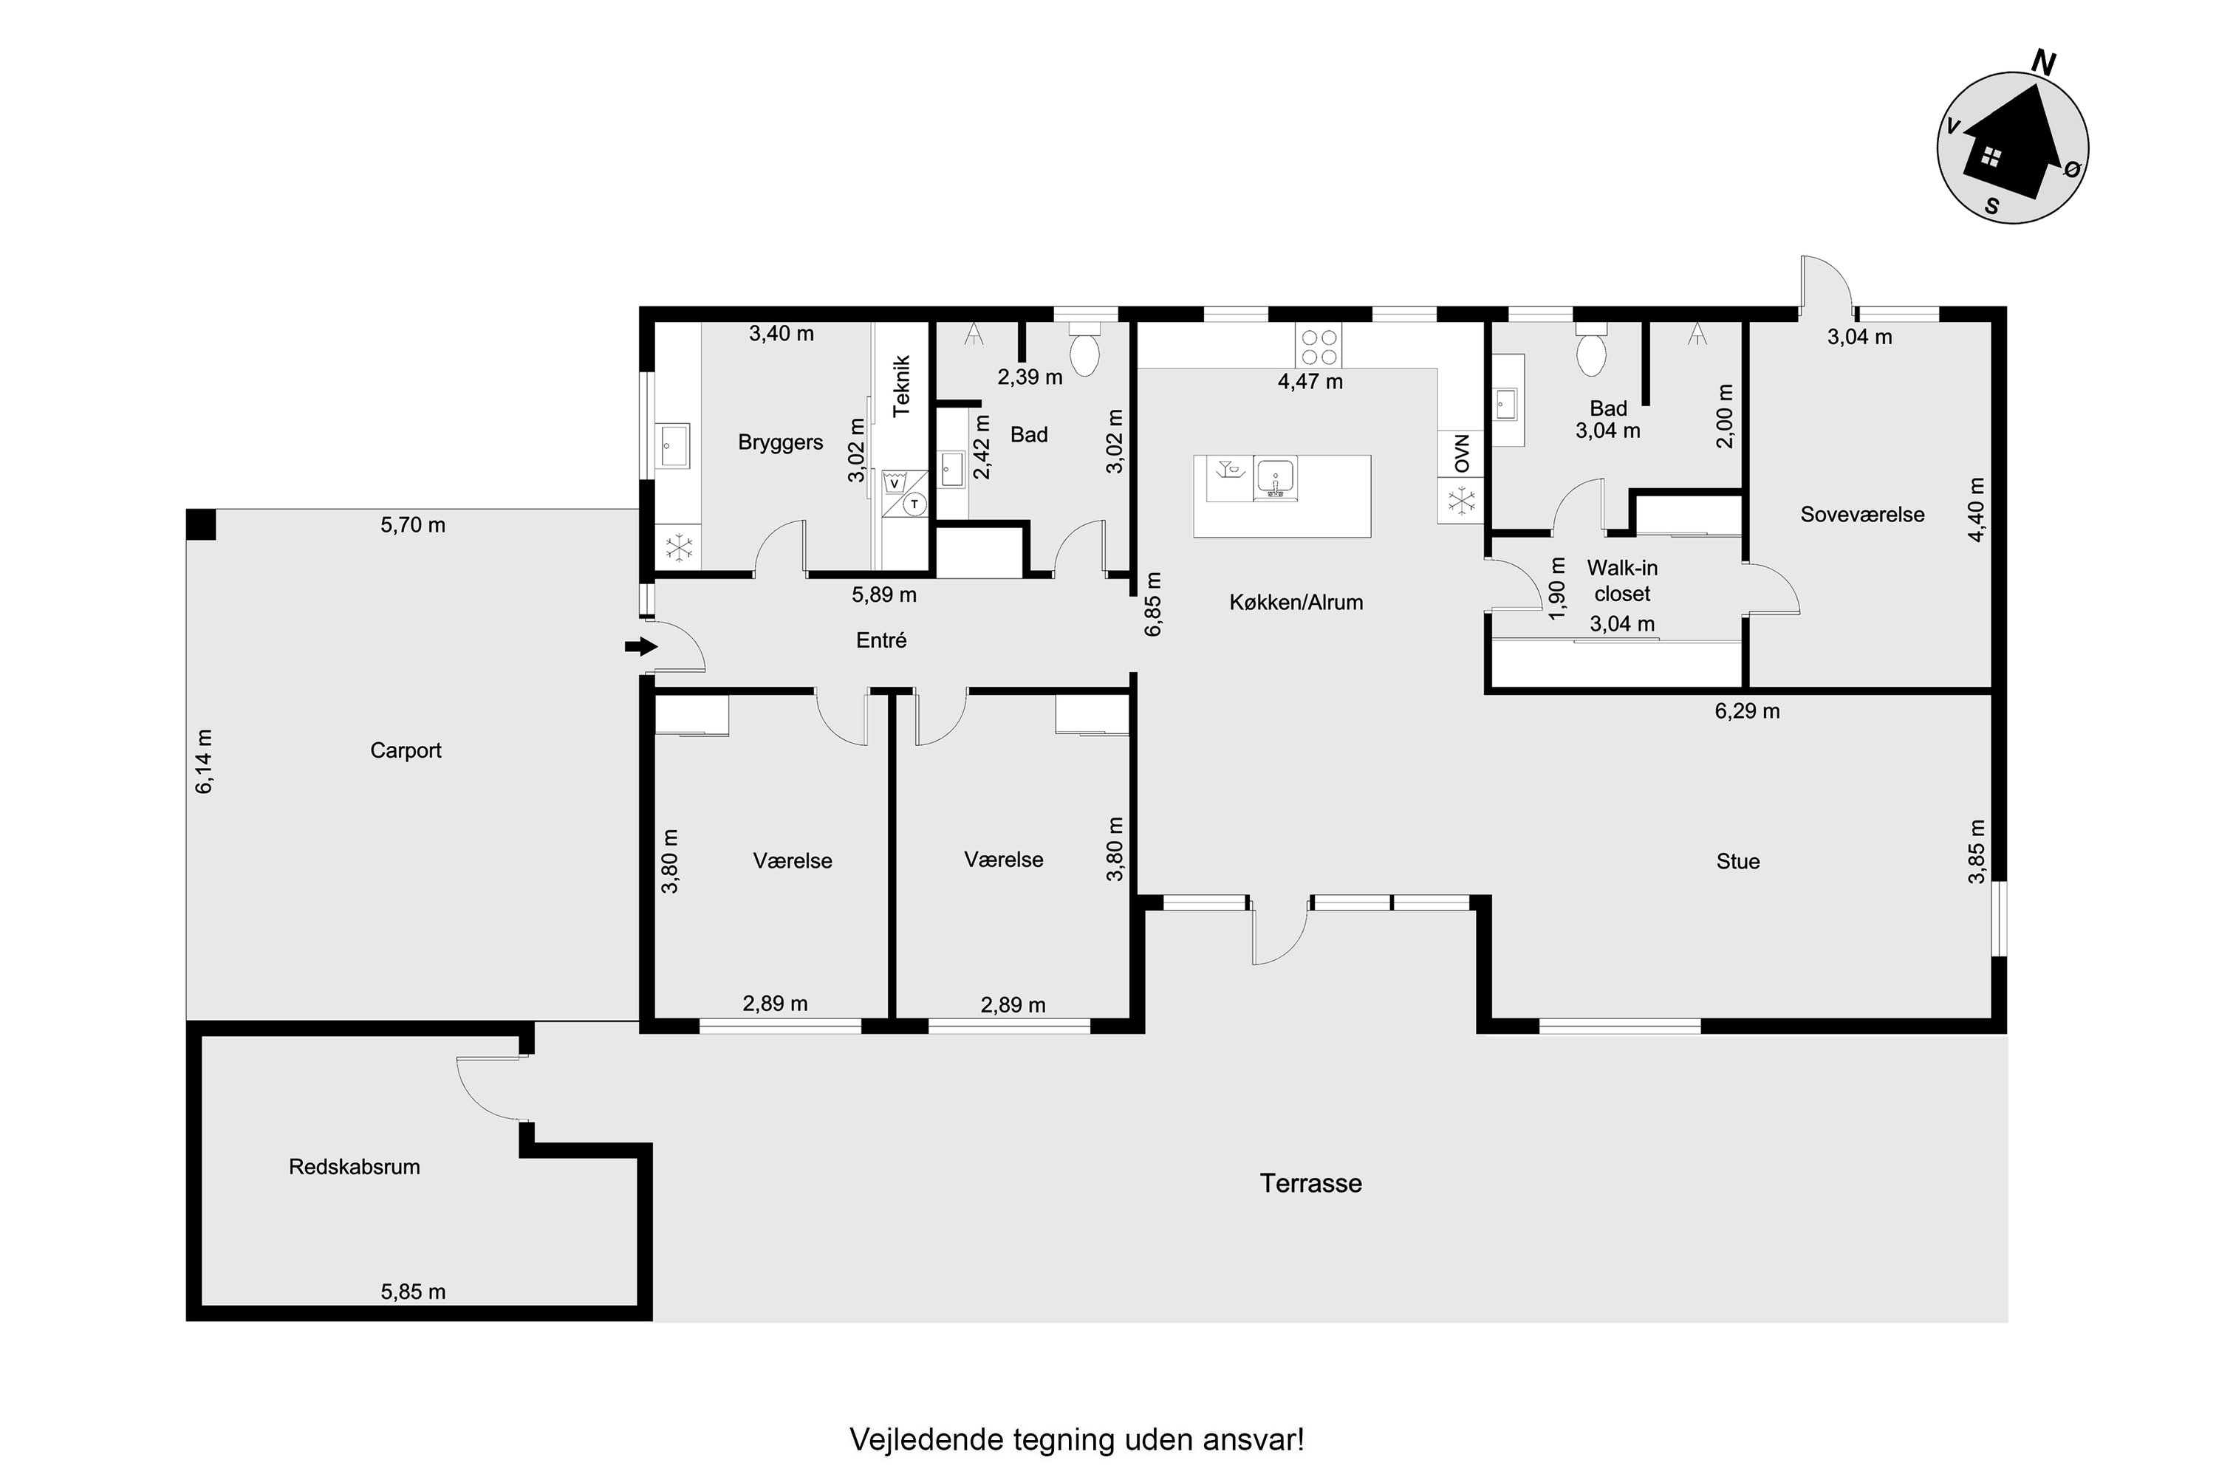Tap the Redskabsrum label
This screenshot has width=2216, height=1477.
355,1166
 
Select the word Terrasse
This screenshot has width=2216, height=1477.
1310,1183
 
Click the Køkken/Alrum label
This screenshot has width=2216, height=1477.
1296,603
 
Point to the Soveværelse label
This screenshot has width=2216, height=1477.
1861,514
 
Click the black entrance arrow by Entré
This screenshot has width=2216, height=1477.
640,646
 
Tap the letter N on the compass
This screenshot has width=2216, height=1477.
2044,63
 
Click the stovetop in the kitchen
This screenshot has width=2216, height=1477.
1318,345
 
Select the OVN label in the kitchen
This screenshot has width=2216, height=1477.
1461,454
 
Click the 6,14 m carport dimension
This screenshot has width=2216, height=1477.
204,761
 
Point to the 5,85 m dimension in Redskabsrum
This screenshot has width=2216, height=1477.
413,1292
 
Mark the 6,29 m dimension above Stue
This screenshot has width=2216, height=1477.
1747,711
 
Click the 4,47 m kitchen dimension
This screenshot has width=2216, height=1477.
1310,382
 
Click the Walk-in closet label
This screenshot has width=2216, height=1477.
1621,580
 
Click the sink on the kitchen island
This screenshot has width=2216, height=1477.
1275,479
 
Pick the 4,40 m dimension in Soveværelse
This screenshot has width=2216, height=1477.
1977,509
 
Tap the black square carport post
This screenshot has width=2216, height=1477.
201,524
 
